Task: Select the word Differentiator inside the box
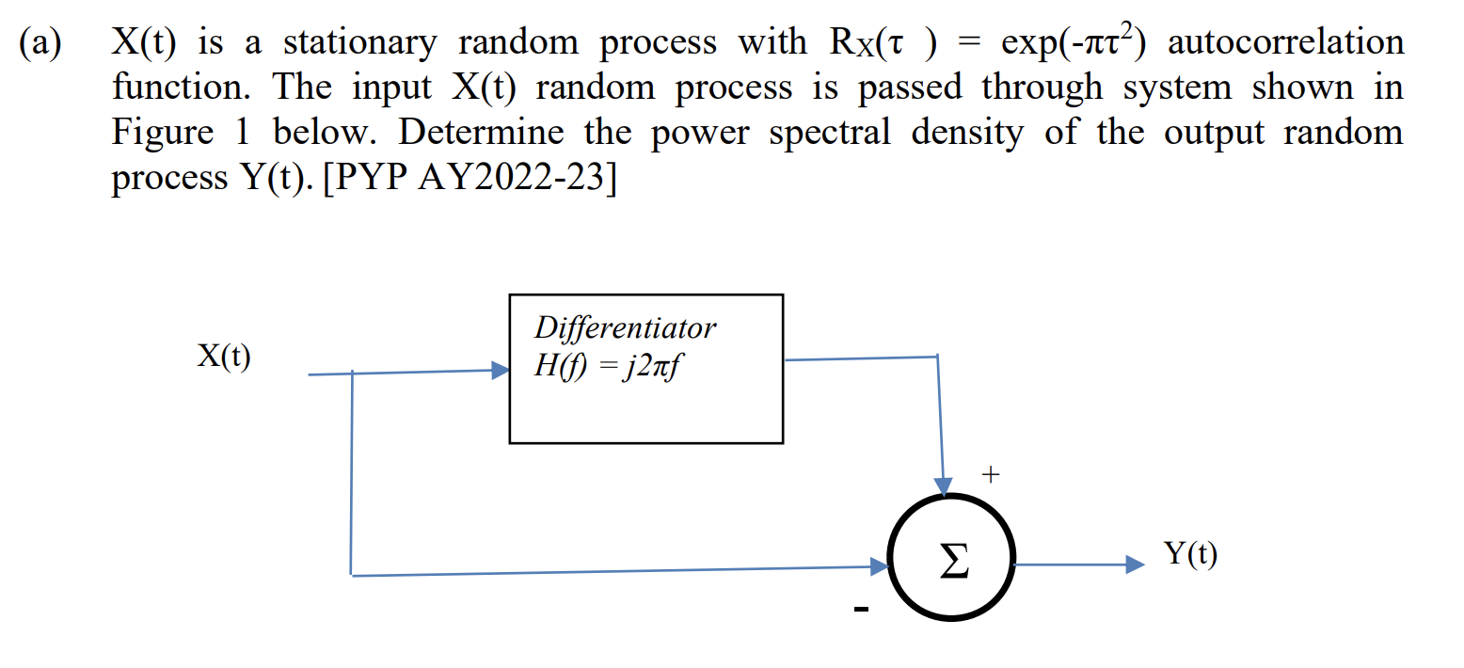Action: click(x=625, y=327)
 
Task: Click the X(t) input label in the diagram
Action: click(x=224, y=356)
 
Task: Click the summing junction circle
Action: click(x=950, y=565)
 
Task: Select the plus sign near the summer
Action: click(x=988, y=476)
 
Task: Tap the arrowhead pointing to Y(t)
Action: click(x=1136, y=565)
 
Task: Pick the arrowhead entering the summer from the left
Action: click(x=880, y=566)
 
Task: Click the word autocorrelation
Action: click(x=1285, y=42)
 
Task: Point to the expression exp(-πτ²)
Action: click(x=1076, y=42)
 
